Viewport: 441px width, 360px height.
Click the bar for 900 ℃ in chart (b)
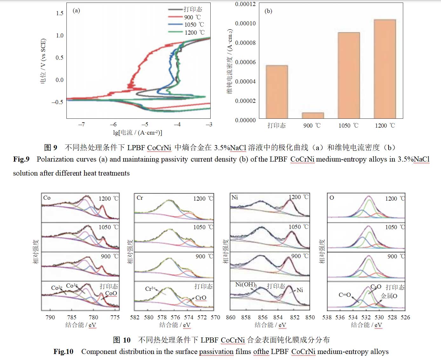pos(313,116)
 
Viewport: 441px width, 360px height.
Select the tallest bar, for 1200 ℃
pos(385,69)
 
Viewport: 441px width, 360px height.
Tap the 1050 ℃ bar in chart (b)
pos(349,75)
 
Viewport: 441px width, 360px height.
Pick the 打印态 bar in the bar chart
pos(277,92)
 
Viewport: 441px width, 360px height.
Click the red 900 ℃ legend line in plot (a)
pos(175,17)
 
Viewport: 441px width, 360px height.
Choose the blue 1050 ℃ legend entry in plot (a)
pos(175,24)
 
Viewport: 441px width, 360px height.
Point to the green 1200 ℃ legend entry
pos(175,32)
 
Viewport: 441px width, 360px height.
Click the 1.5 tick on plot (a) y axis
pos(60,13)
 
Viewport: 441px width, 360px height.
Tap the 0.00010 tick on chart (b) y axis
pos(245,23)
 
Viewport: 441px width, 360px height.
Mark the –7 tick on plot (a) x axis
pos(82,124)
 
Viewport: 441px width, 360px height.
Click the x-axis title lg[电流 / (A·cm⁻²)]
pos(137,133)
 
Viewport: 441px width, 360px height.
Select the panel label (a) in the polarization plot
pos(76,10)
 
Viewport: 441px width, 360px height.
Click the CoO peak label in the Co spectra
pos(111,293)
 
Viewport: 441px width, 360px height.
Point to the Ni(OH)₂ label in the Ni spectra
pos(246,284)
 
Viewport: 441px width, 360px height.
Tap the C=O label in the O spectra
pos(344,295)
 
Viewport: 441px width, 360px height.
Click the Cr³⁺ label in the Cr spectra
pos(150,289)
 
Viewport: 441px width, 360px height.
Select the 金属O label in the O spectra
pos(389,296)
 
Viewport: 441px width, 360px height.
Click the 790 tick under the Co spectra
pos(50,317)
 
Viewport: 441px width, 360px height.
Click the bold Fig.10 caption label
pos(63,351)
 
